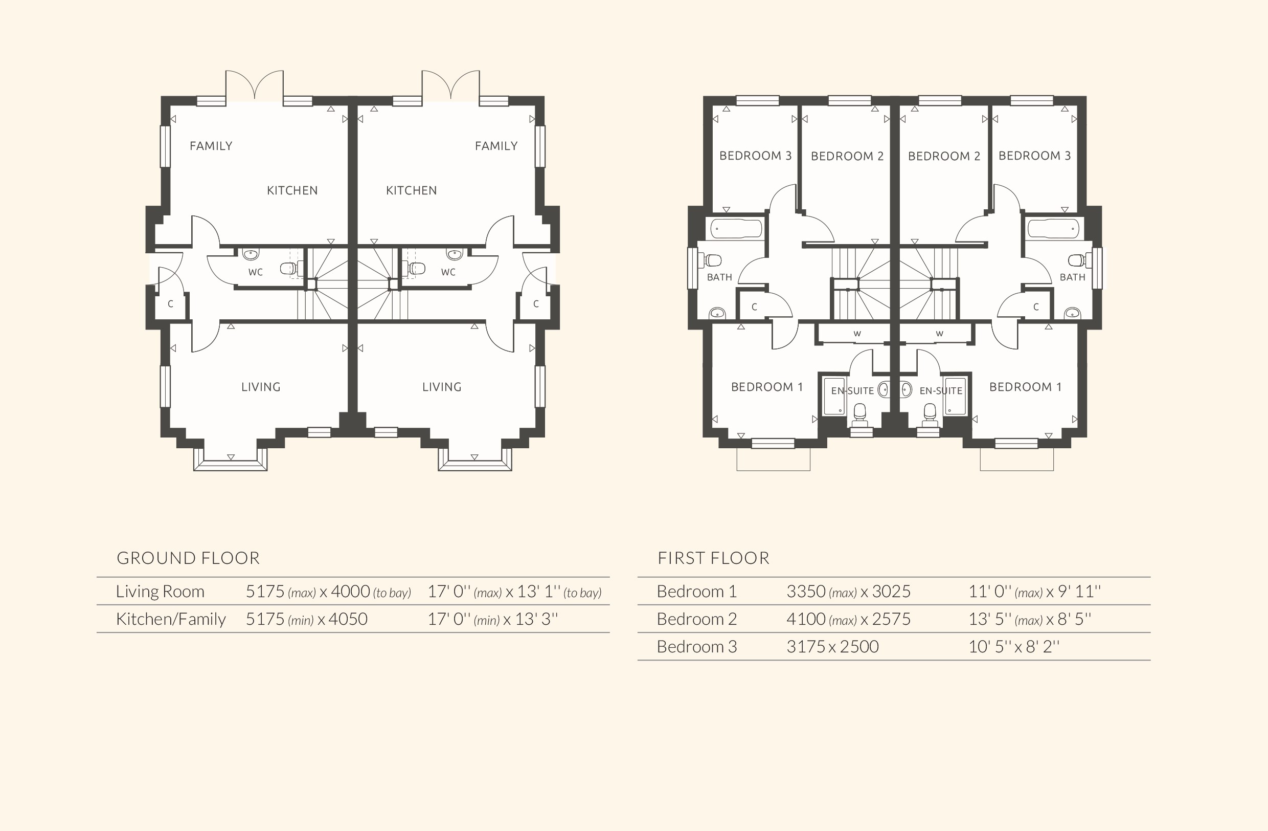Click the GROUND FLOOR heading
pyautogui.click(x=188, y=558)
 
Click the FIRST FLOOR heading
pyautogui.click(x=713, y=558)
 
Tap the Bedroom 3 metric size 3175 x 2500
pyautogui.click(x=832, y=647)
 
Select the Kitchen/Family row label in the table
pyautogui.click(x=170, y=619)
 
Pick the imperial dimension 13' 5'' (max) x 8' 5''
pyautogui.click(x=1029, y=619)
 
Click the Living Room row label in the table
pyautogui.click(x=160, y=591)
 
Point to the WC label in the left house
pyautogui.click(x=255, y=272)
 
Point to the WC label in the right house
pyautogui.click(x=448, y=272)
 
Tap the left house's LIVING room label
pyautogui.click(x=261, y=387)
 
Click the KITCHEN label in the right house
pyautogui.click(x=411, y=190)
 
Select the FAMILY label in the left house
pyautogui.click(x=211, y=146)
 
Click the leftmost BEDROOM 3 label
pyautogui.click(x=755, y=156)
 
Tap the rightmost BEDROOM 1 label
pyautogui.click(x=1025, y=387)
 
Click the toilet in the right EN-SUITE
pyautogui.click(x=930, y=413)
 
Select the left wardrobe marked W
pyautogui.click(x=857, y=334)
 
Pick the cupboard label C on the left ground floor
pyautogui.click(x=170, y=304)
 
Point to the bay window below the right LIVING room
pyautogui.click(x=474, y=461)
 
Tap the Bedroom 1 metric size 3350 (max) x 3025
pyautogui.click(x=848, y=591)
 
